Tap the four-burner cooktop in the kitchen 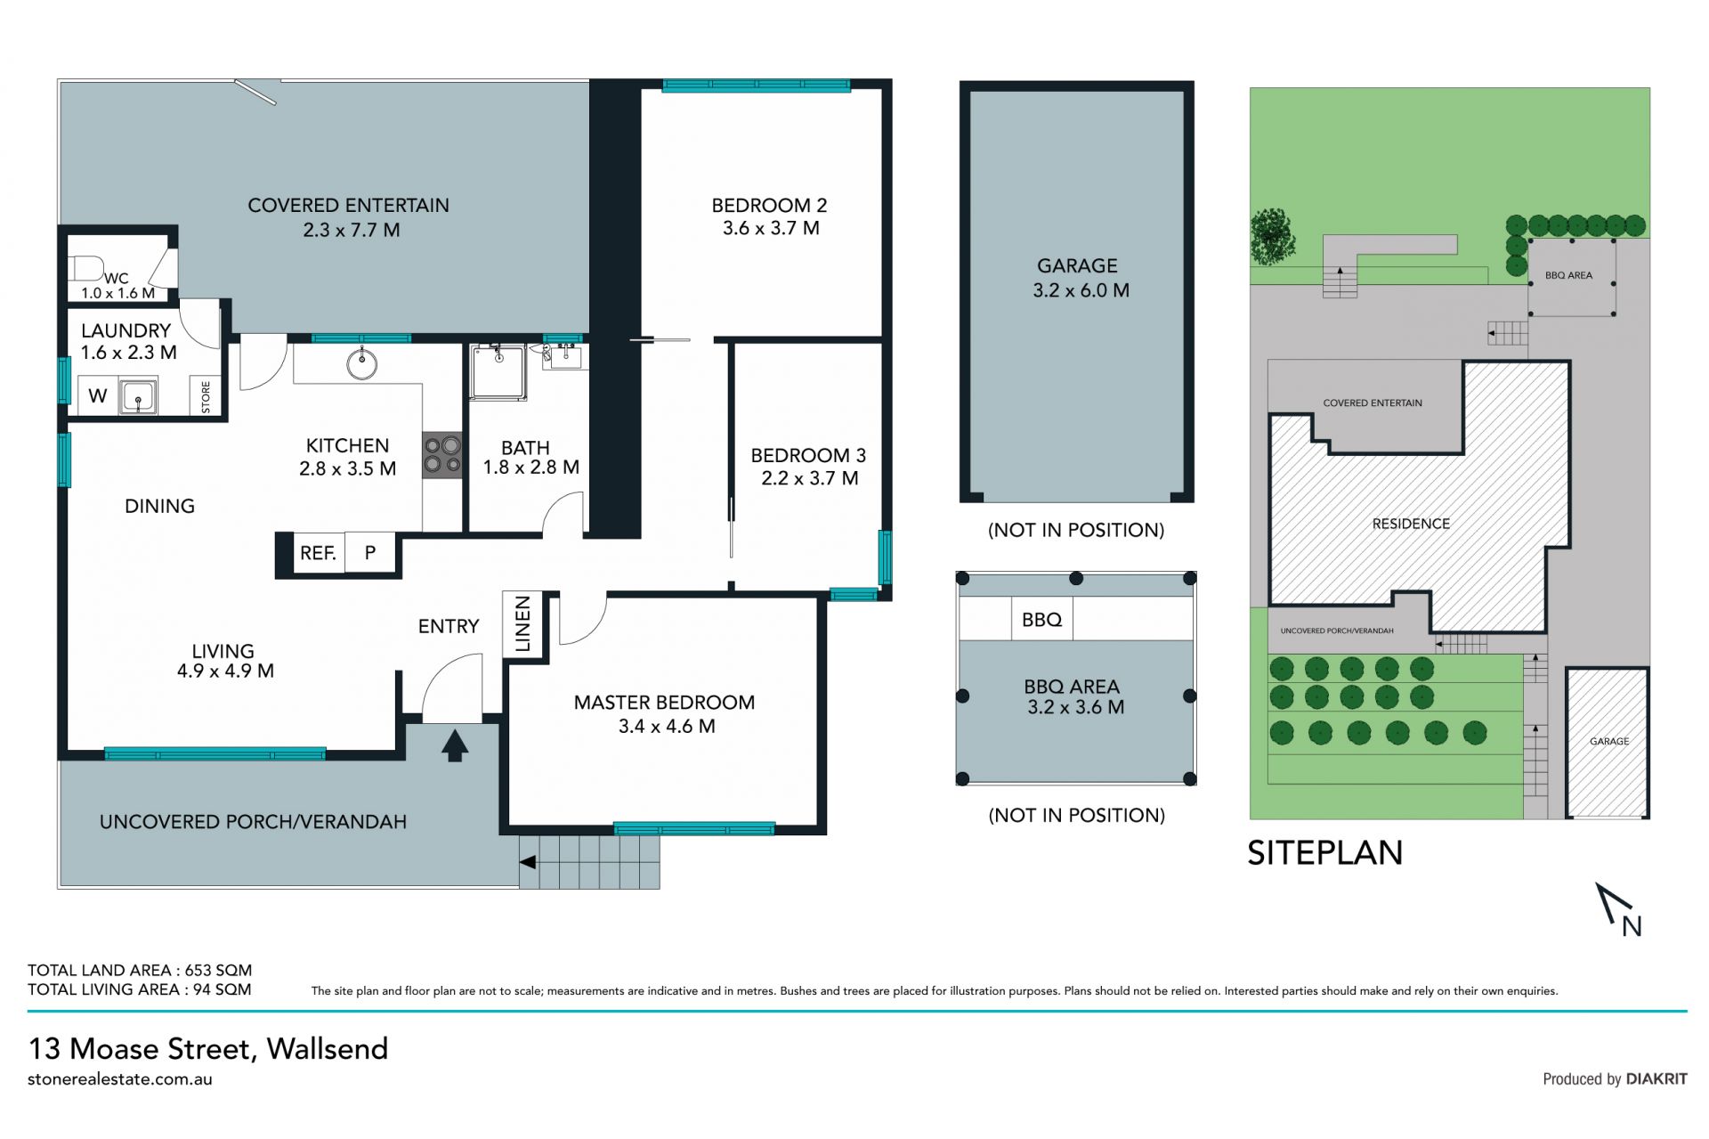pos(442,454)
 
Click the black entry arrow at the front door pos(455,745)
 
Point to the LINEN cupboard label pos(523,623)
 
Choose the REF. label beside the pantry pos(318,553)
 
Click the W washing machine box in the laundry pos(98,395)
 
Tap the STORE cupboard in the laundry pos(206,396)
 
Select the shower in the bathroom pos(498,372)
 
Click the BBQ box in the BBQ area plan pos(1042,619)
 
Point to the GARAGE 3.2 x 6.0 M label pos(1079,278)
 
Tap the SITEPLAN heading pos(1325,852)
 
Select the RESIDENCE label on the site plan pos(1411,524)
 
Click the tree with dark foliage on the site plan pos(1271,237)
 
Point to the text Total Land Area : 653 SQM pos(140,970)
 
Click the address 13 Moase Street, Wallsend pos(208,1048)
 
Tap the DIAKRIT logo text pos(1656,1078)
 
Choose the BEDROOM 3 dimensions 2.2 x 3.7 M pos(809,478)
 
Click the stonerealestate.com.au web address pos(120,1079)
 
